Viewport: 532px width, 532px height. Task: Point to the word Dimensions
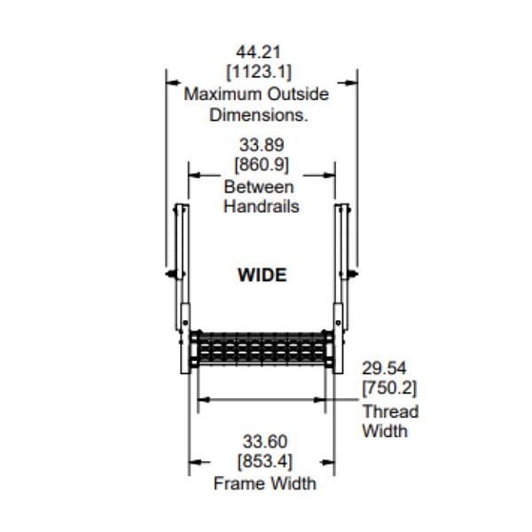pyautogui.click(x=259, y=114)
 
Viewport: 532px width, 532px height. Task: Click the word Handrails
pyautogui.click(x=261, y=207)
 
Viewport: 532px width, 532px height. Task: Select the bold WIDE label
pyautogui.click(x=262, y=275)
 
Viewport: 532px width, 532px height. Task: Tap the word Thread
pyautogui.click(x=390, y=411)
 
